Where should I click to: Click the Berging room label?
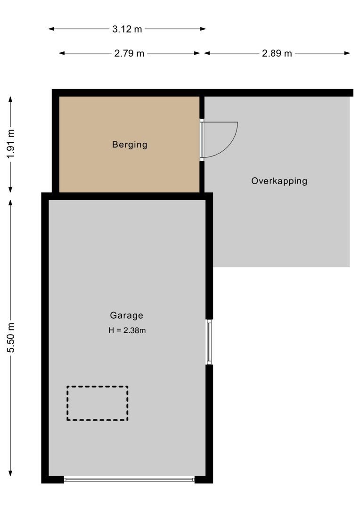click(x=130, y=145)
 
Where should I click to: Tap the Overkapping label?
click(x=279, y=181)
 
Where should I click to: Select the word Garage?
click(x=126, y=316)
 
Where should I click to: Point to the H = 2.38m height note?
click(x=127, y=330)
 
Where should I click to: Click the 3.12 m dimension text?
click(x=127, y=29)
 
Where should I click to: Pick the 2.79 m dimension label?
click(x=129, y=53)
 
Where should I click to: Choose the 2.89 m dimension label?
click(x=277, y=53)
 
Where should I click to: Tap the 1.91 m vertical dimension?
click(x=11, y=143)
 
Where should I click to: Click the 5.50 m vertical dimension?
click(x=11, y=337)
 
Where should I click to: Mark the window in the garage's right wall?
click(x=209, y=342)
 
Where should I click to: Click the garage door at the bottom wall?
click(x=129, y=480)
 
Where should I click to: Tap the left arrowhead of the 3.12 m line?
click(x=51, y=29)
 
